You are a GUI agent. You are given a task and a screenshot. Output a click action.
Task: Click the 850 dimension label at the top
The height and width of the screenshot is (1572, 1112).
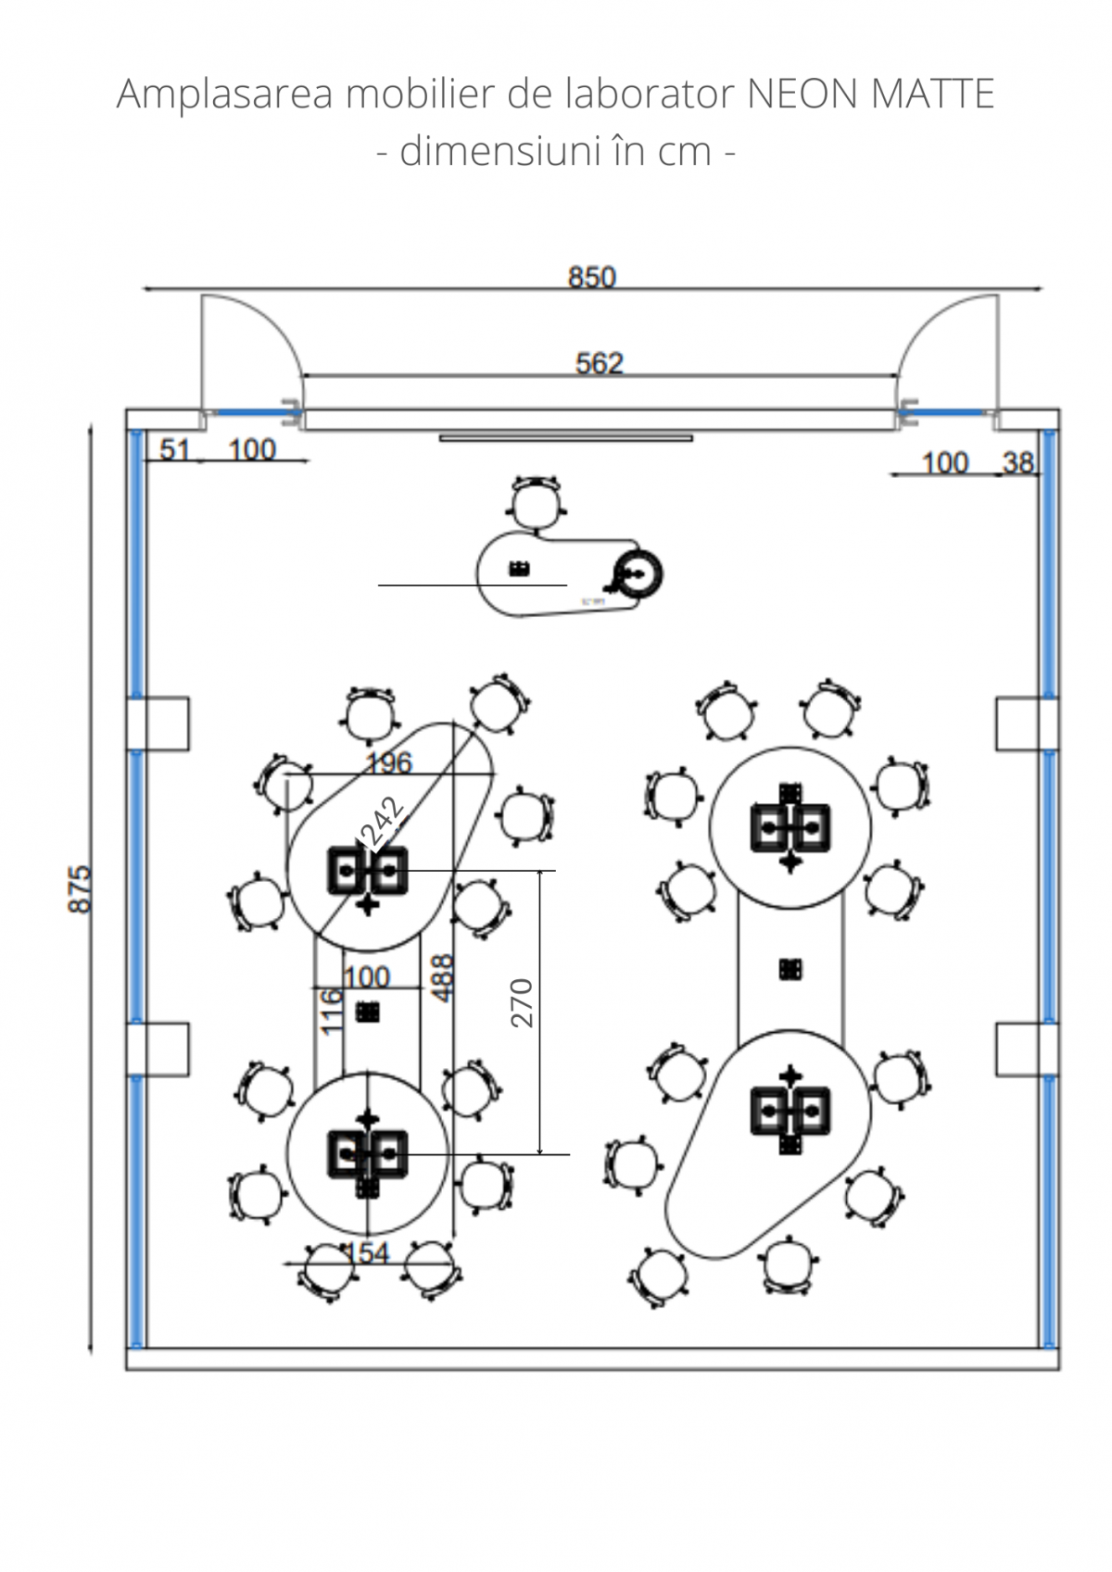[x=591, y=277]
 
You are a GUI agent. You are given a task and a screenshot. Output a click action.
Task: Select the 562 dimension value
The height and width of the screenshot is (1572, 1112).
[x=600, y=362]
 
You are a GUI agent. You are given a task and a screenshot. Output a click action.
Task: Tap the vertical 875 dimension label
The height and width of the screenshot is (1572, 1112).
[x=81, y=888]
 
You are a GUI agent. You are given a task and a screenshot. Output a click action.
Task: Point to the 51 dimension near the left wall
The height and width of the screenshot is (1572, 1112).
[x=174, y=450]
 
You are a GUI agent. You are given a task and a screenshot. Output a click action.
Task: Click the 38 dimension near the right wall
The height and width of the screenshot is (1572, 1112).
[x=1017, y=462]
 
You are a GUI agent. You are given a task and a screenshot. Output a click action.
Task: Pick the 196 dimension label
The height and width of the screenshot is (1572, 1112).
[x=388, y=762]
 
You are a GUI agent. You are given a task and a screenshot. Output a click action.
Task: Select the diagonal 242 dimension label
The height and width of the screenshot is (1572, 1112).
[x=383, y=823]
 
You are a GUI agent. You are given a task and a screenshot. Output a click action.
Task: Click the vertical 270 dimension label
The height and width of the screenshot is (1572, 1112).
[x=523, y=1002]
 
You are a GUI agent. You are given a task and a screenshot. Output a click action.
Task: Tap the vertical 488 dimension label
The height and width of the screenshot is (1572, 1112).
[x=444, y=977]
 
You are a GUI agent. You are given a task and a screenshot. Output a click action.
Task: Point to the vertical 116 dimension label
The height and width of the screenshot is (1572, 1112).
[x=332, y=1010]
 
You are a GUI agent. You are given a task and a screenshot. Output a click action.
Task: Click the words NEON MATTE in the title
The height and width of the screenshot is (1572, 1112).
[x=870, y=94]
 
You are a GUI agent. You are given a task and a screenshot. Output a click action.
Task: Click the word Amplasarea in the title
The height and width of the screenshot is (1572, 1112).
[x=224, y=94]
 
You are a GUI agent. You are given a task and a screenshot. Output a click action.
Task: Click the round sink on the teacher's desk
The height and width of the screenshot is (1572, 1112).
[x=638, y=574]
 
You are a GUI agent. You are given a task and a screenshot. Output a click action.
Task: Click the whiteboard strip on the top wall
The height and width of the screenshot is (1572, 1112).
[x=565, y=438]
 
